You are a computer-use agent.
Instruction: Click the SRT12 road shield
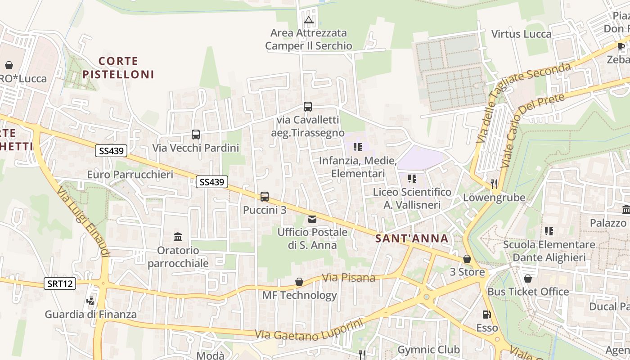(60, 283)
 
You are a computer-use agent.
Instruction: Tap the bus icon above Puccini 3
(265, 197)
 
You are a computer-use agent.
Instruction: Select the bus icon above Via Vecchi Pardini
(196, 134)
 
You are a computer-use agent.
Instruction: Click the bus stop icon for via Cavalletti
(308, 107)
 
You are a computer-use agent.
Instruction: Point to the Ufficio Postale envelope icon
(312, 219)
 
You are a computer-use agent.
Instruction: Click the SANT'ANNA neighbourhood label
(412, 238)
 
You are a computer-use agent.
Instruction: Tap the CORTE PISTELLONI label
(118, 67)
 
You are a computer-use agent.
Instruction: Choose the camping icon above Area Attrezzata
(308, 20)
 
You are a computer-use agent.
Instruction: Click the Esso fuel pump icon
(486, 315)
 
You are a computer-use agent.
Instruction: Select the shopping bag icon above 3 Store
(467, 259)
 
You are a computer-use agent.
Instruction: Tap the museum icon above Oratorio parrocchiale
(178, 237)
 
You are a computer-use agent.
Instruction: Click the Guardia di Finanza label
(90, 315)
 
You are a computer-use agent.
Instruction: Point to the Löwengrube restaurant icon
(494, 184)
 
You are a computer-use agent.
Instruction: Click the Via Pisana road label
(349, 278)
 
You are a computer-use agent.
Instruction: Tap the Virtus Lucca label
(521, 34)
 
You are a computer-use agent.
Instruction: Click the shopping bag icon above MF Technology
(299, 282)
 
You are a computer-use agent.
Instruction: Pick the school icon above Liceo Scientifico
(412, 179)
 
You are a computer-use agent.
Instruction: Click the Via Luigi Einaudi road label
(83, 222)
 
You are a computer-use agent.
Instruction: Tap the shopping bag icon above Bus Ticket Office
(528, 279)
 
